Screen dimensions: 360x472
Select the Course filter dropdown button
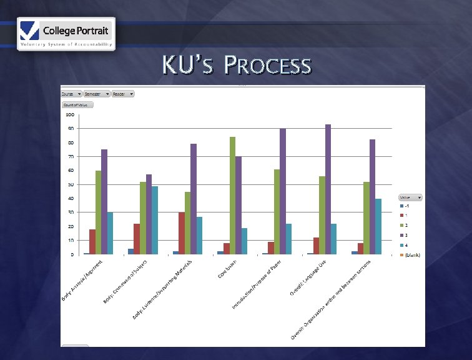click(x=72, y=94)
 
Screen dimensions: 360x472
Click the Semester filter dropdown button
click(x=97, y=94)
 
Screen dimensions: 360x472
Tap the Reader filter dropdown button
click(x=123, y=94)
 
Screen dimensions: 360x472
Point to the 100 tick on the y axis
click(x=69, y=115)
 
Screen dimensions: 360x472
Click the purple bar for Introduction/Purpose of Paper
click(x=282, y=191)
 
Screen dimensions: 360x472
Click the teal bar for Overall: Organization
click(x=378, y=226)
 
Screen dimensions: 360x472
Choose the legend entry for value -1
click(x=406, y=206)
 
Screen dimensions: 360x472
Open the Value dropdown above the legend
click(x=411, y=197)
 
